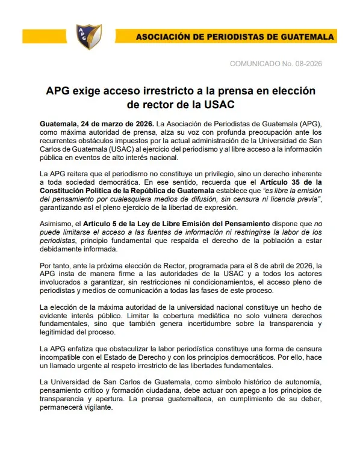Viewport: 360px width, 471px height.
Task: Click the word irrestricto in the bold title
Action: (x=181, y=91)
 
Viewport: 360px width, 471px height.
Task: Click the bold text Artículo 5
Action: (x=105, y=223)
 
